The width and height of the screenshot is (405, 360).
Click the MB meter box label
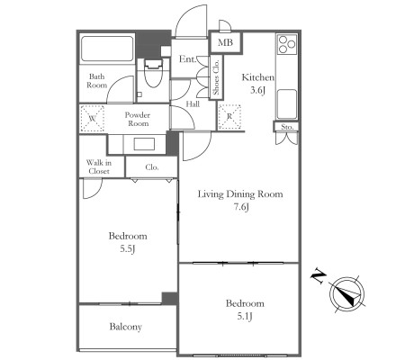click(225, 42)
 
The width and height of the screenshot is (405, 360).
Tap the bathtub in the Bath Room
click(107, 49)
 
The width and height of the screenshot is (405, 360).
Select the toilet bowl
click(153, 74)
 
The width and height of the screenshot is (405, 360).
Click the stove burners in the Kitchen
click(287, 44)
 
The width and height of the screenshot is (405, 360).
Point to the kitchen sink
click(287, 103)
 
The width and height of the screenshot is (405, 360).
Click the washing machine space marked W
click(93, 118)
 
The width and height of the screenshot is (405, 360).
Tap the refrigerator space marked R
click(229, 117)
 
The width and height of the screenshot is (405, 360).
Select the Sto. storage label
click(287, 127)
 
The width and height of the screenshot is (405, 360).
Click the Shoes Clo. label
click(216, 77)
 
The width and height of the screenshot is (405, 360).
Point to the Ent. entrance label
click(187, 59)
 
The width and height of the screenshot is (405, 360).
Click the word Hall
click(193, 104)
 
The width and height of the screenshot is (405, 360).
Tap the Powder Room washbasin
click(144, 144)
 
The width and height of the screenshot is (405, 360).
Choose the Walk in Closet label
click(99, 167)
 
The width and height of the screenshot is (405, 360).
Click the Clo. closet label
click(152, 167)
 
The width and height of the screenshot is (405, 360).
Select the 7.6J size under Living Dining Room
click(241, 207)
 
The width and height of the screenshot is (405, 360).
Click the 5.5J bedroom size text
click(128, 249)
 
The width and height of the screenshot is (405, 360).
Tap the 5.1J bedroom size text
click(245, 316)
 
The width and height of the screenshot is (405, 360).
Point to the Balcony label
click(126, 327)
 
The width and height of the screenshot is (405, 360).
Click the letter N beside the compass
click(319, 276)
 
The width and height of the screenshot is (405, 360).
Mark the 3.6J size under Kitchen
click(258, 90)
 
